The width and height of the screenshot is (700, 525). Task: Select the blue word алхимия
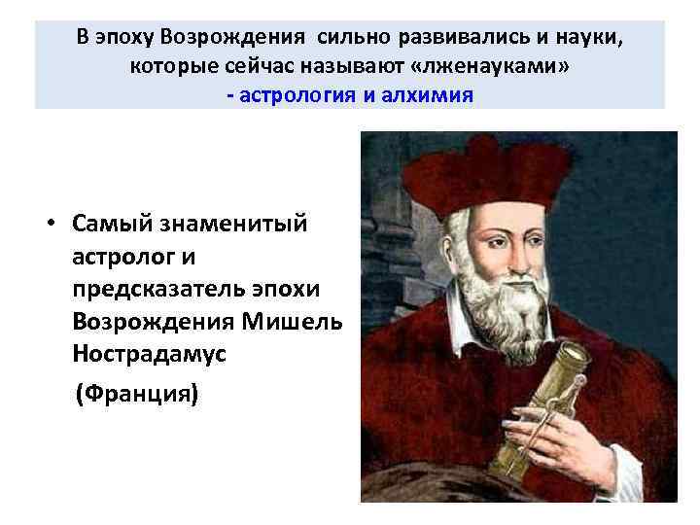(x=427, y=95)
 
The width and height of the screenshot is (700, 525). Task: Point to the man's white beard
(x=486, y=292)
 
